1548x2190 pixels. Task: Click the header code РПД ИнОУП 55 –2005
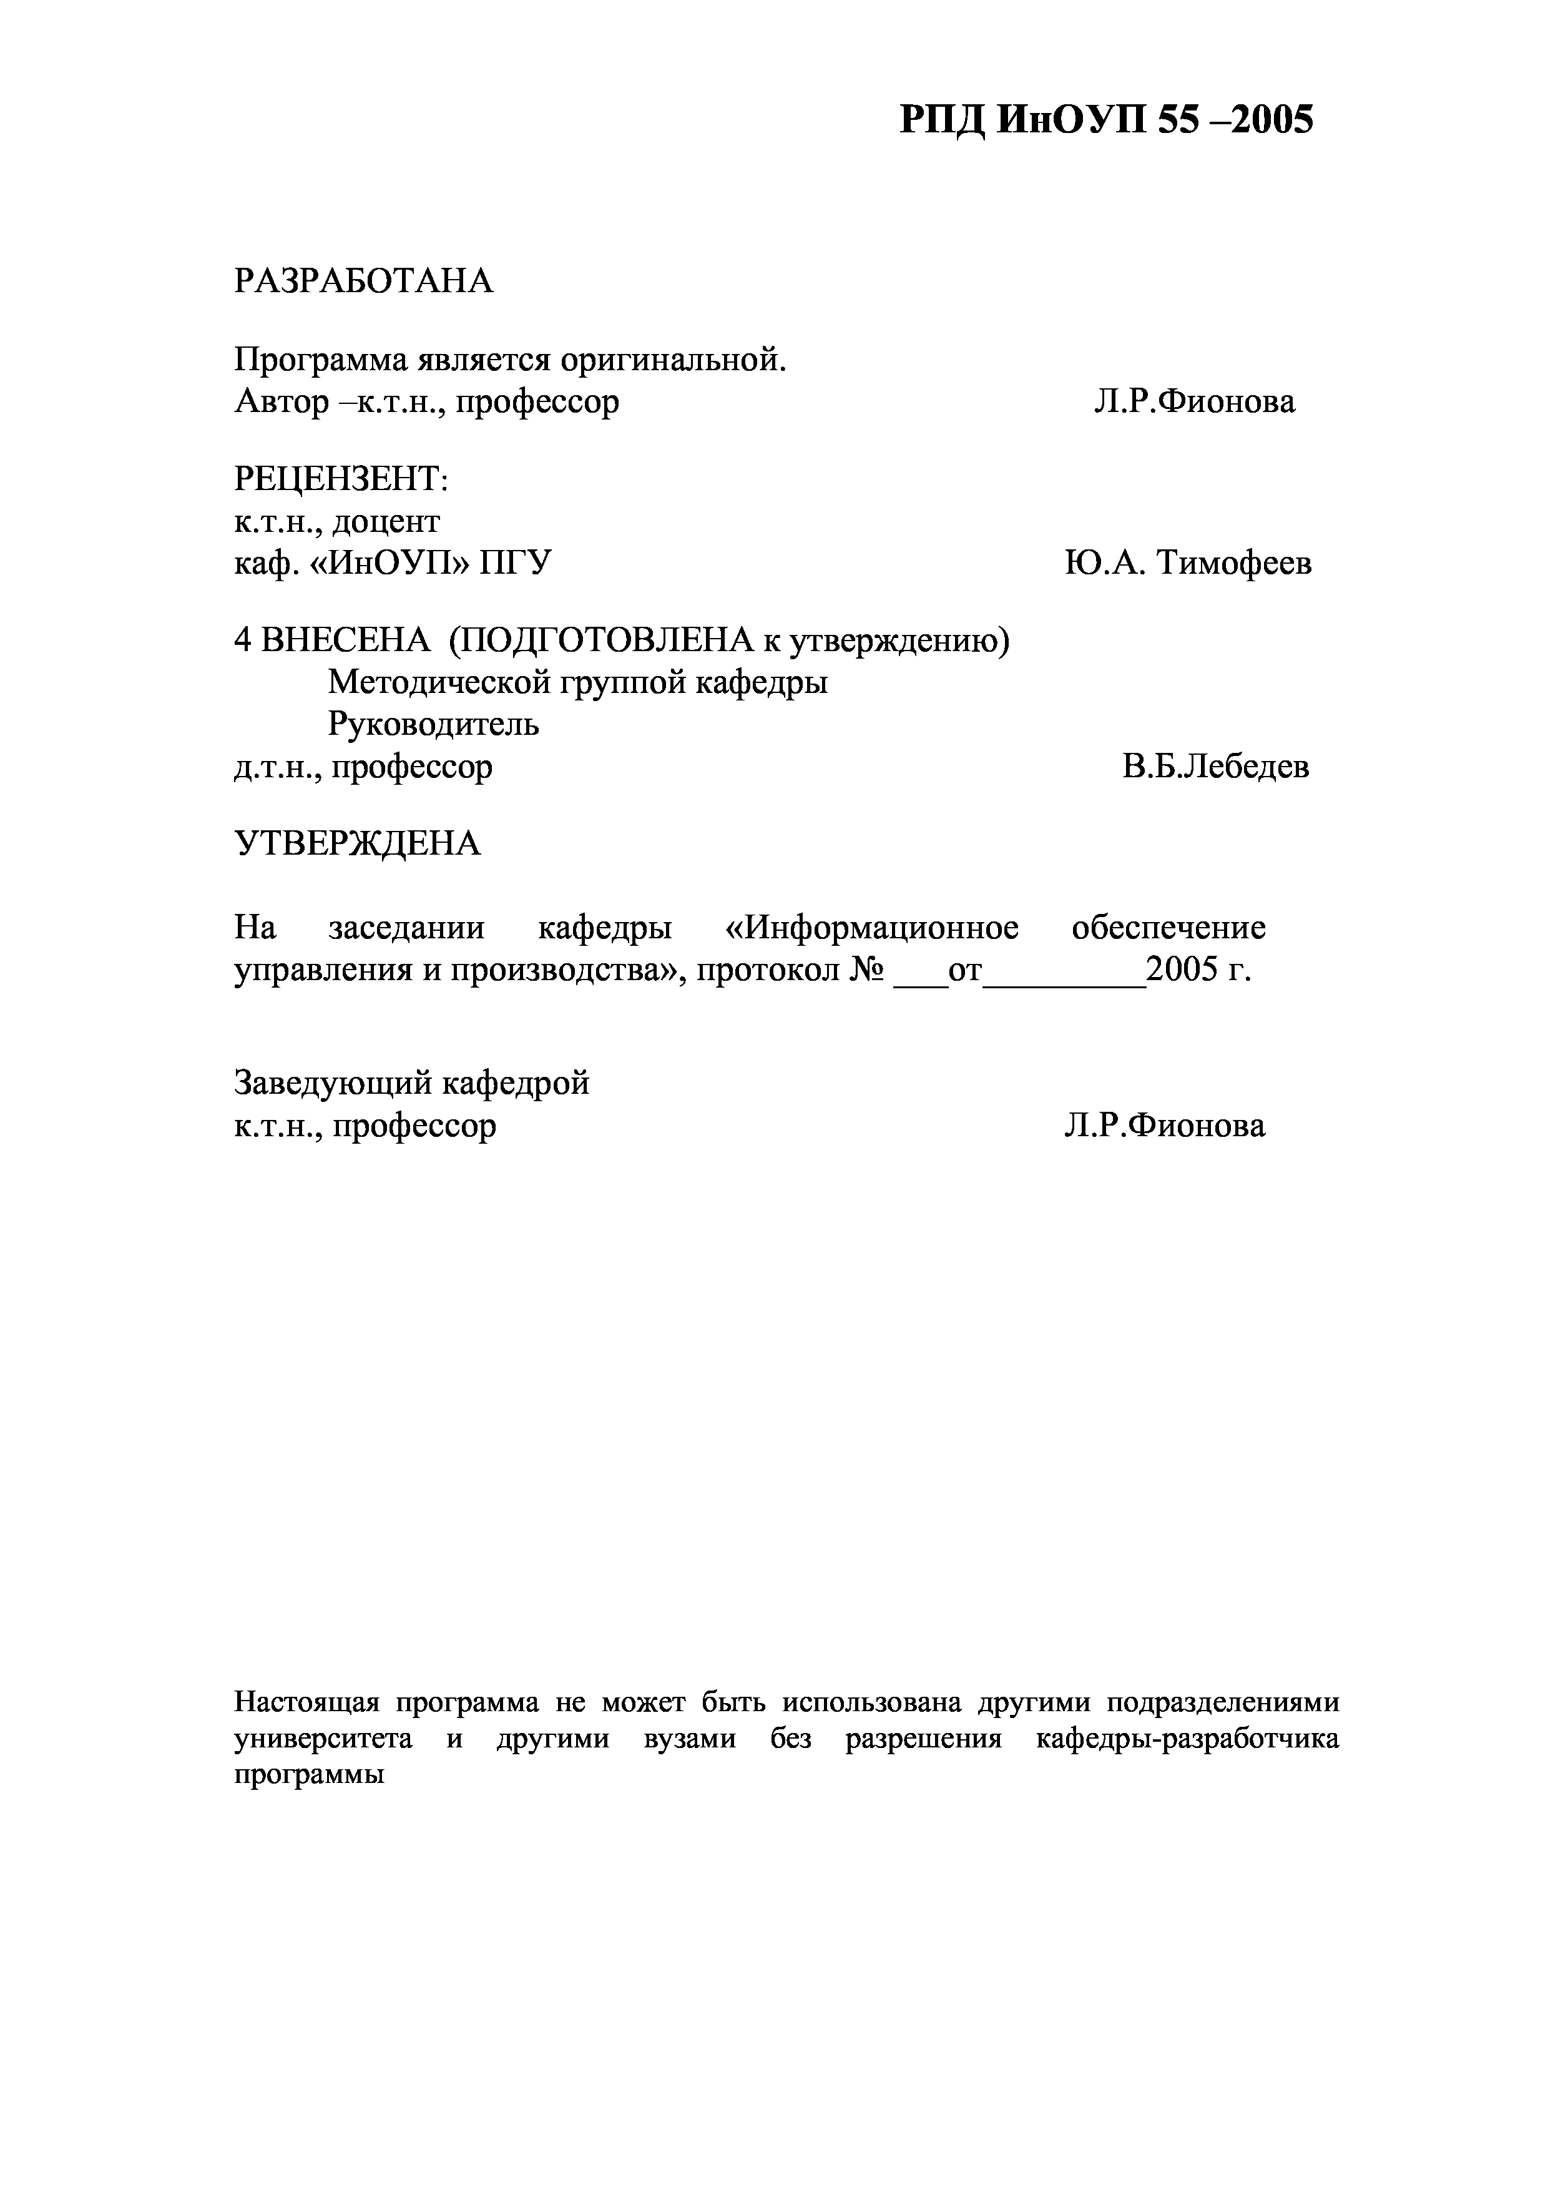click(x=1107, y=121)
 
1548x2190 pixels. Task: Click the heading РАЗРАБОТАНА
click(x=363, y=282)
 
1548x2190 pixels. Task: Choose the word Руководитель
click(x=433, y=725)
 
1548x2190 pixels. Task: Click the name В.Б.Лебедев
click(x=1215, y=767)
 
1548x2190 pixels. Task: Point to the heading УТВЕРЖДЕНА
click(x=358, y=843)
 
